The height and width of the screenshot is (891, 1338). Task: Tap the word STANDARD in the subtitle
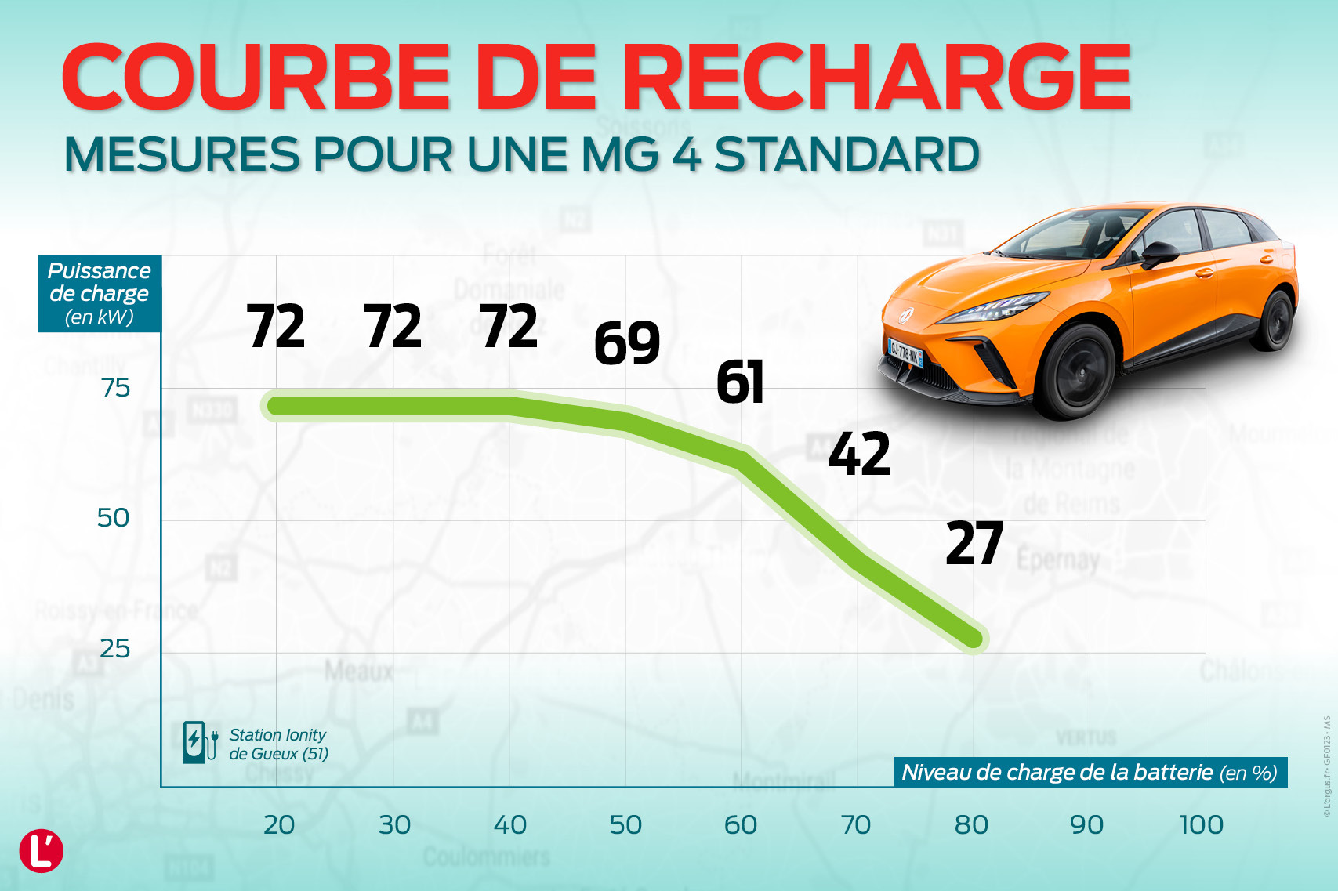click(847, 154)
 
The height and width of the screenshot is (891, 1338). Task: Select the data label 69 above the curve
click(627, 343)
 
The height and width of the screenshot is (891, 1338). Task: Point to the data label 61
click(740, 382)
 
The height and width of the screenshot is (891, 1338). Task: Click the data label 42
click(859, 455)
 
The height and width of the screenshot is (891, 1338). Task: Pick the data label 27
click(974, 544)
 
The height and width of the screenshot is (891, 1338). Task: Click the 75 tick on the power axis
click(116, 388)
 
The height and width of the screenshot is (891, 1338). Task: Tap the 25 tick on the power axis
click(114, 649)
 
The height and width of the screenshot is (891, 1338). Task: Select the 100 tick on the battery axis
click(1202, 824)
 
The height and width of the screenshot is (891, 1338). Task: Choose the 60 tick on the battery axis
click(741, 824)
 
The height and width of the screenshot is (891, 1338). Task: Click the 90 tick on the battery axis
click(1086, 824)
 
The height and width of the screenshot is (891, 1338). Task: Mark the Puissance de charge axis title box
click(100, 293)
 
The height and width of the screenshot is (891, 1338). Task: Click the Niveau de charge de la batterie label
click(1090, 773)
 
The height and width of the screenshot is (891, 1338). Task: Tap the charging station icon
click(198, 742)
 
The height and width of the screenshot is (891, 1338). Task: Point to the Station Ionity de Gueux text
click(278, 744)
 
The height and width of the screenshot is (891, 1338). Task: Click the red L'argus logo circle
click(41, 851)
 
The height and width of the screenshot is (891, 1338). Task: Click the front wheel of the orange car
click(1078, 370)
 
